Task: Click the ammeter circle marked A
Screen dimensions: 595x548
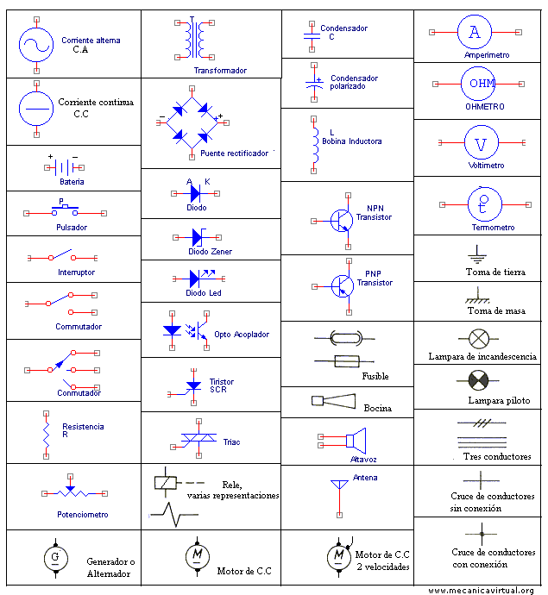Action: [474, 33]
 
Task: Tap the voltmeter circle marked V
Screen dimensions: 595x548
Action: [482, 142]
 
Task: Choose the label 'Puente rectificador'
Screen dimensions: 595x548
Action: [234, 153]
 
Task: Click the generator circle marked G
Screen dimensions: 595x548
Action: [55, 559]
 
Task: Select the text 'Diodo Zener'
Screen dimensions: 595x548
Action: [210, 252]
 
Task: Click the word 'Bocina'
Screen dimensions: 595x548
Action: [377, 408]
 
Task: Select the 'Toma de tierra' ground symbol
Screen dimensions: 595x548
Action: [475, 254]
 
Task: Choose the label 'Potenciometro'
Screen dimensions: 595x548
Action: [83, 515]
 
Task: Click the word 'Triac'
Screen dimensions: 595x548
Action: [231, 442]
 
